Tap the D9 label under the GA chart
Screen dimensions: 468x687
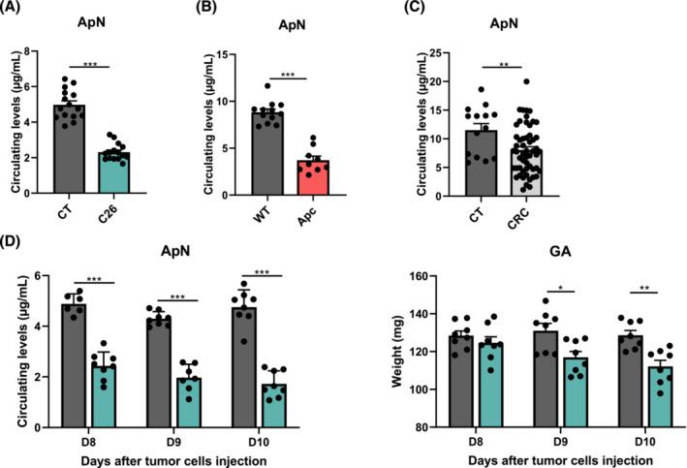[x=554, y=439]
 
